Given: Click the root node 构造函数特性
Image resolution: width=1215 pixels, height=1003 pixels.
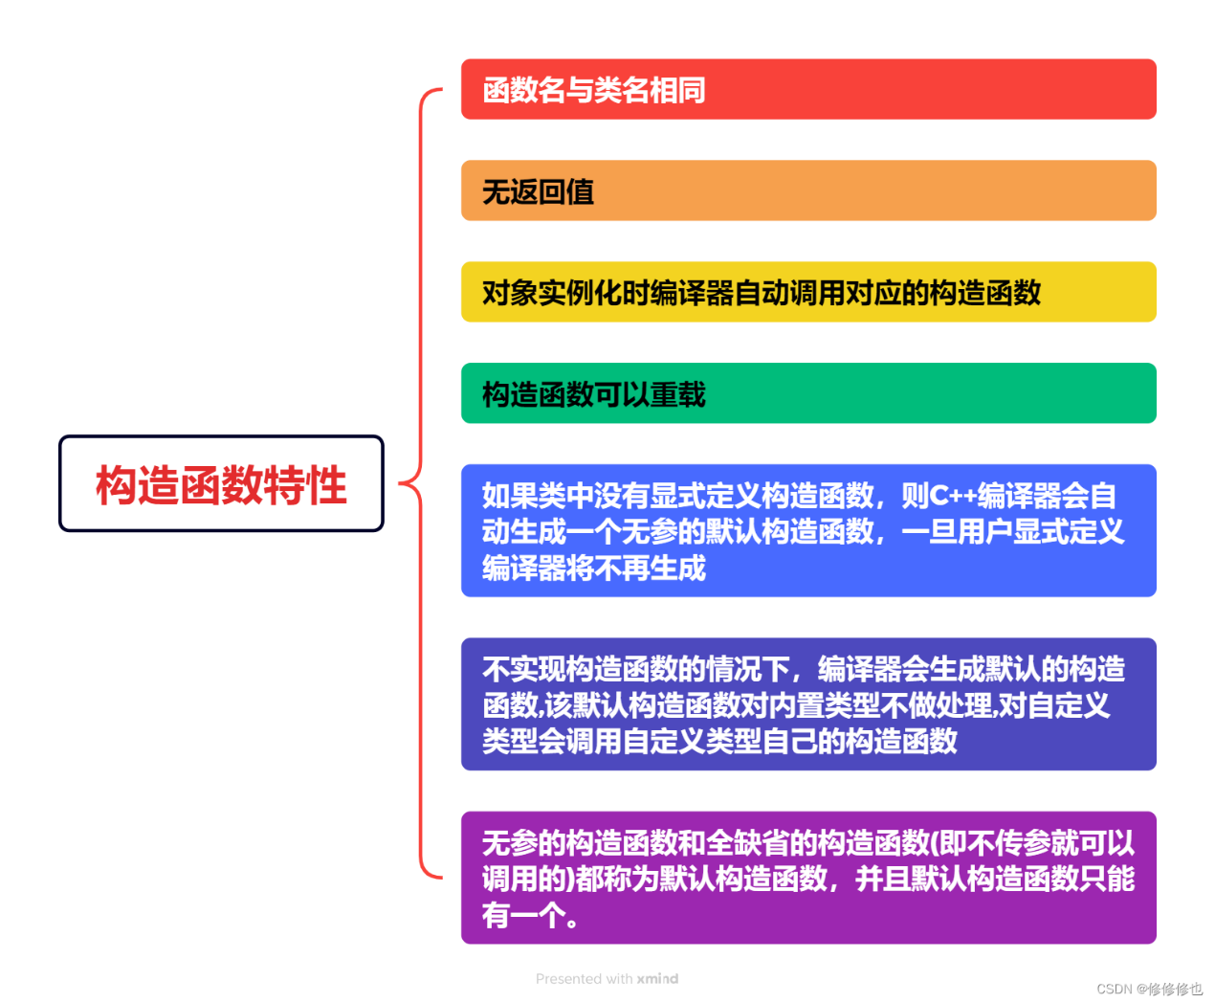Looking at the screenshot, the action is click(x=221, y=483).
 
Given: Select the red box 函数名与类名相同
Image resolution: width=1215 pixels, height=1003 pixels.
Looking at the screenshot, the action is click(x=808, y=89).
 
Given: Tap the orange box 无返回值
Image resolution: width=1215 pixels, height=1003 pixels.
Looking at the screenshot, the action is click(x=808, y=190).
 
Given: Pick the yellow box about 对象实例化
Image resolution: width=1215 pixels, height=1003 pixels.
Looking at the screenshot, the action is click(x=808, y=292).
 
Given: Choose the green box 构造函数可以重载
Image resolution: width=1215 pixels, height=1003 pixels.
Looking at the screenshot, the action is click(x=808, y=393).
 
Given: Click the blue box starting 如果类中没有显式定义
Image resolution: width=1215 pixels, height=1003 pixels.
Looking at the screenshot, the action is click(x=808, y=530).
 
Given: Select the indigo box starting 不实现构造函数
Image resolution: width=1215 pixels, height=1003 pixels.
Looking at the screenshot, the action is click(x=808, y=703).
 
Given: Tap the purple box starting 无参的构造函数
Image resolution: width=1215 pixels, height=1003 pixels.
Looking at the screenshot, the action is click(x=808, y=878).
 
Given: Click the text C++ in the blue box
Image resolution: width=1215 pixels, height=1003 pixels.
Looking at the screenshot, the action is click(x=953, y=496).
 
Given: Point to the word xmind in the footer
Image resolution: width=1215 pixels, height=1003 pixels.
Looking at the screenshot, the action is click(x=657, y=978).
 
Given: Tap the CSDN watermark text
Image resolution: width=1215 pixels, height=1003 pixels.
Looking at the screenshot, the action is click(x=1149, y=989).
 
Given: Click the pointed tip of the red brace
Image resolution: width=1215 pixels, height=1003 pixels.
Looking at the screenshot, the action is click(x=400, y=482).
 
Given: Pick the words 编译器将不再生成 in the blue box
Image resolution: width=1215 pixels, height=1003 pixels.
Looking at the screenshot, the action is click(x=593, y=568).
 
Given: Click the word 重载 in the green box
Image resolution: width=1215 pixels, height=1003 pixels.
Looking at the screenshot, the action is click(x=677, y=394).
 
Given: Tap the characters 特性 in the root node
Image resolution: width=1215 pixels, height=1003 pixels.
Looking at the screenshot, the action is click(x=305, y=484).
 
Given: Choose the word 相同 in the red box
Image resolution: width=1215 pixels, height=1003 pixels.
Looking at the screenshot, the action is click(x=677, y=90).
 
